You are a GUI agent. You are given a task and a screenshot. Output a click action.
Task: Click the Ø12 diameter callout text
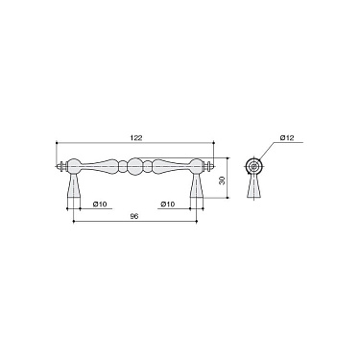[286, 140]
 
